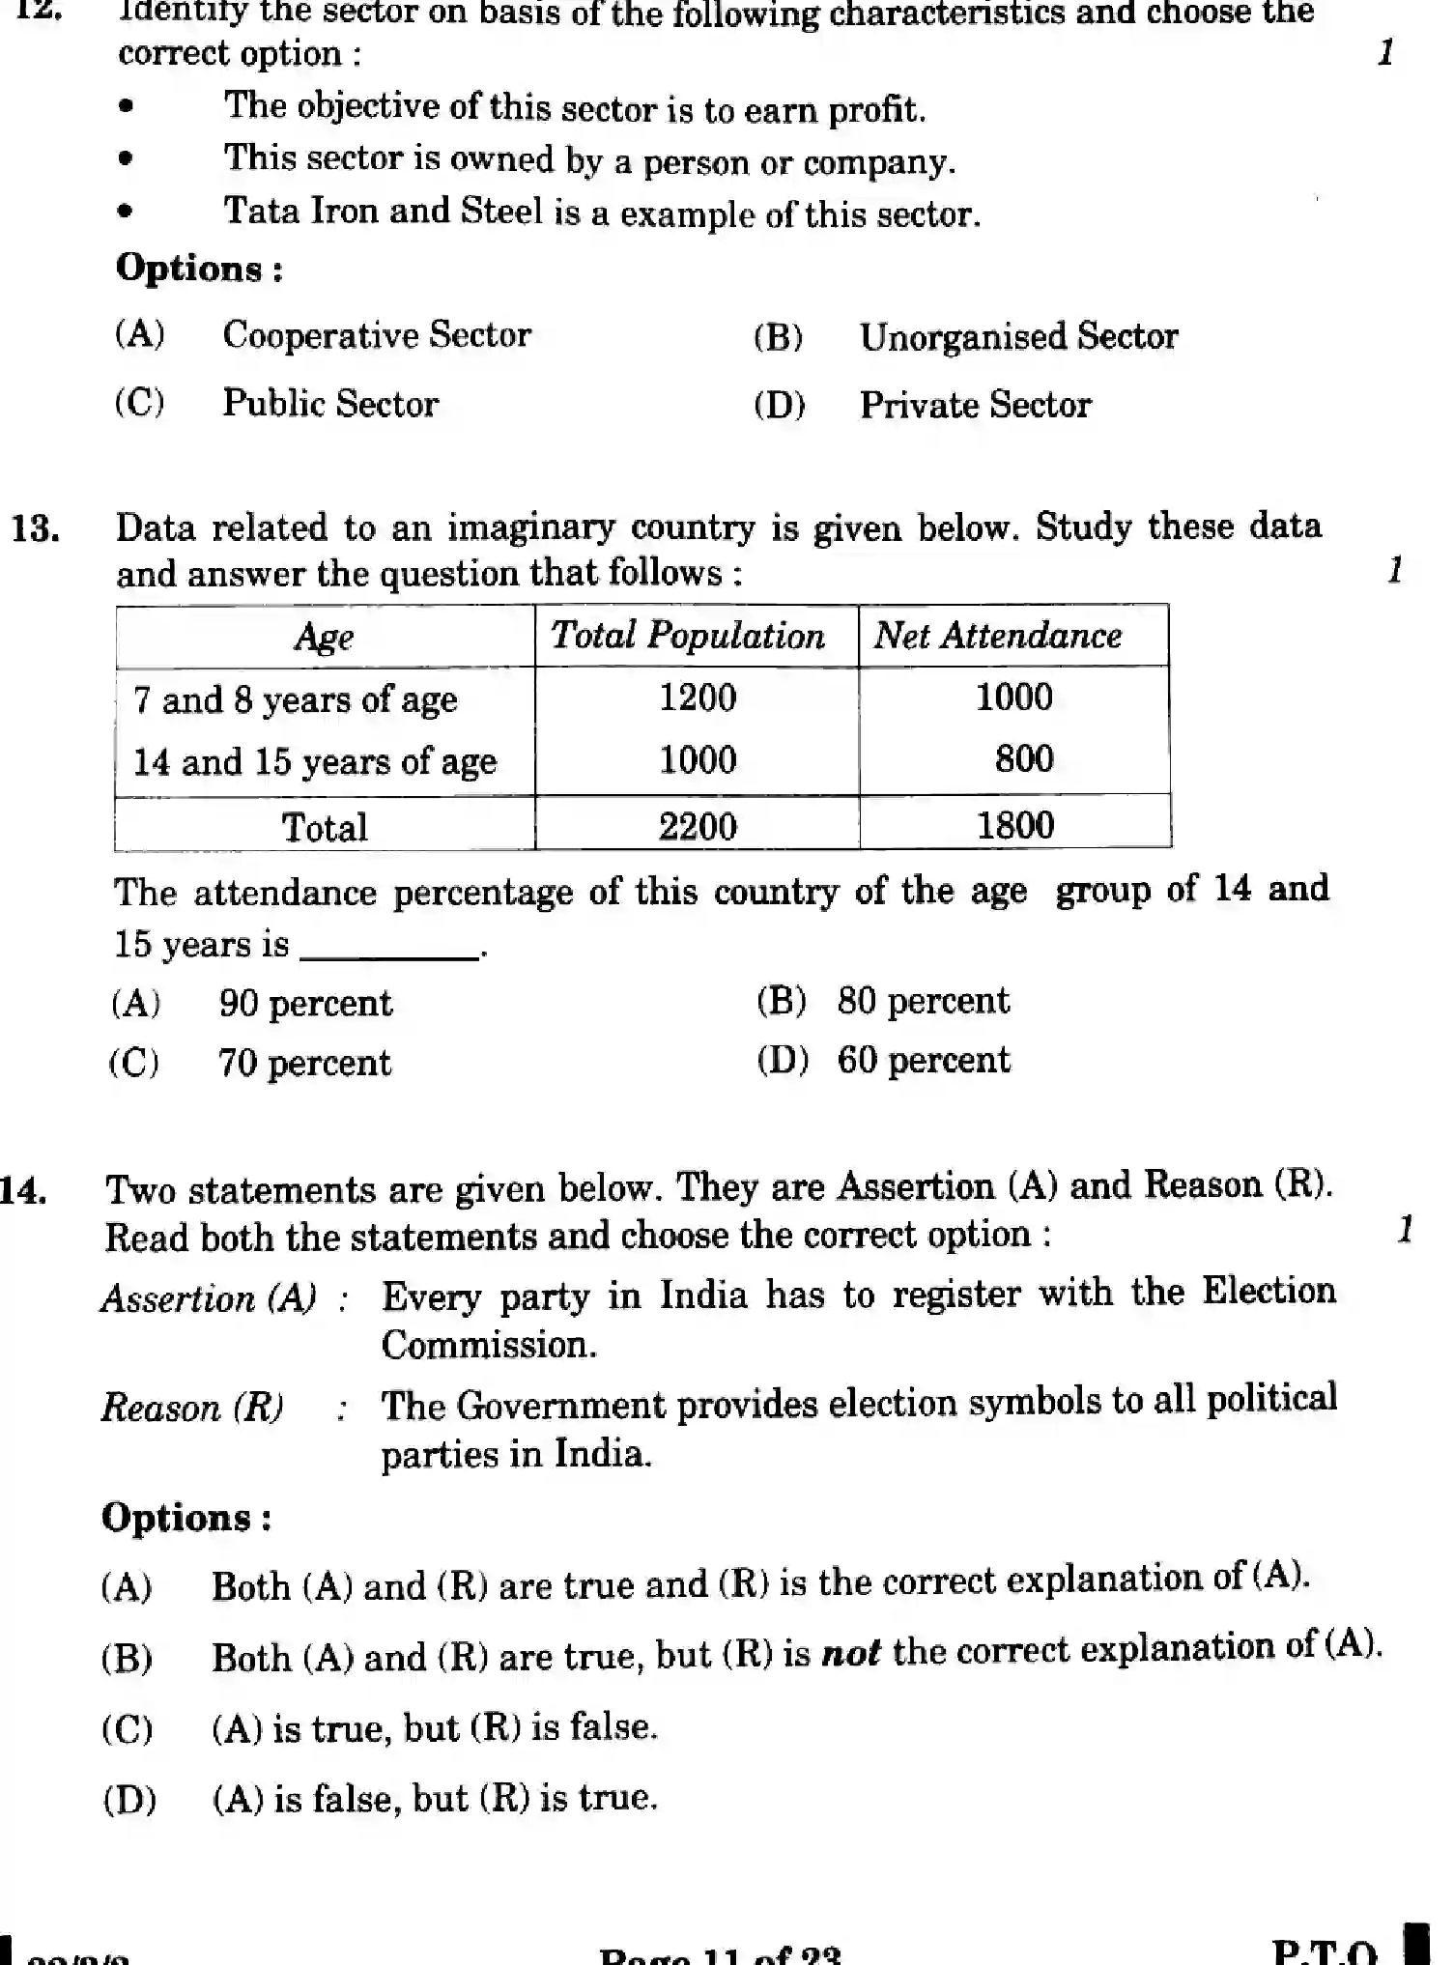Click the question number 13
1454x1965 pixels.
[36, 529]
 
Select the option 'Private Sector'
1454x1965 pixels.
[975, 405]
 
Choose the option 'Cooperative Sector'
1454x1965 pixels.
[377, 335]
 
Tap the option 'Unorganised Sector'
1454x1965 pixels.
[1018, 337]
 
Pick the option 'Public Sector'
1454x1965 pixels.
[330, 404]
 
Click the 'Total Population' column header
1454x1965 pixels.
[688, 636]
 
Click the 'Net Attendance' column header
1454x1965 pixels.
[998, 636]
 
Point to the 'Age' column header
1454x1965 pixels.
[324, 637]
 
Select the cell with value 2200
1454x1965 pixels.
[698, 826]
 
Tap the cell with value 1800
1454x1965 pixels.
[1014, 825]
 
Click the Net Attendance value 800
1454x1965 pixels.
[1024, 759]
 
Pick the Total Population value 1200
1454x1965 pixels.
[698, 698]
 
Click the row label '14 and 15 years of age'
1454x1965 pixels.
[315, 762]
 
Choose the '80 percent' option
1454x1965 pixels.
[923, 1001]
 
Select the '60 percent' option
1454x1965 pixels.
[923, 1061]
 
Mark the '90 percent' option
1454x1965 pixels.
[305, 1004]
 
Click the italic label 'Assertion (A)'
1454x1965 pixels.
[209, 1298]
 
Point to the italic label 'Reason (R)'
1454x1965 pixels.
[192, 1408]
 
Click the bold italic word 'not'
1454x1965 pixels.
[850, 1653]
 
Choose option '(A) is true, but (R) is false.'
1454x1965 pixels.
[435, 1727]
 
